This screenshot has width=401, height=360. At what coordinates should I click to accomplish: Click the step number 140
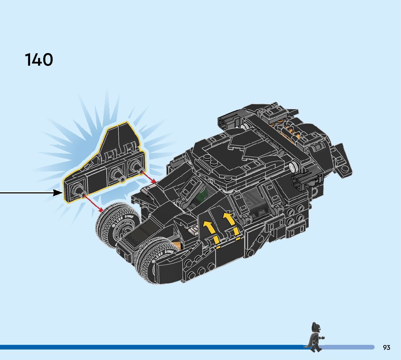tap(39, 60)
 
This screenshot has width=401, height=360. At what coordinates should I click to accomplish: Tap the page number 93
tap(386, 348)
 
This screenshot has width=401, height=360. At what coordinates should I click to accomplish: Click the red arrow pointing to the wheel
tap(93, 203)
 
